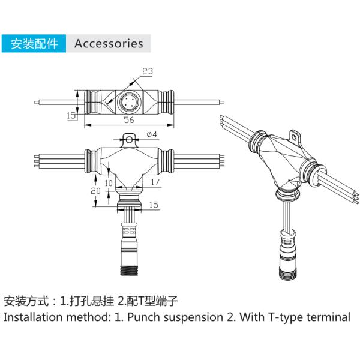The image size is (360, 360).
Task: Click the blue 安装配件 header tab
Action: coord(34,44)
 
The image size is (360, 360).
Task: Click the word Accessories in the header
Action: coord(109,44)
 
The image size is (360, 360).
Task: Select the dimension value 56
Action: coord(128,119)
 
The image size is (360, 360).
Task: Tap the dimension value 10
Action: coord(108,182)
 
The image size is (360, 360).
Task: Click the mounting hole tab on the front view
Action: coord(129,140)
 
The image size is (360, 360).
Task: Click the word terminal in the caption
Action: coord(326,317)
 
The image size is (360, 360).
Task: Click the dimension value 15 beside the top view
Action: coord(71,116)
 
